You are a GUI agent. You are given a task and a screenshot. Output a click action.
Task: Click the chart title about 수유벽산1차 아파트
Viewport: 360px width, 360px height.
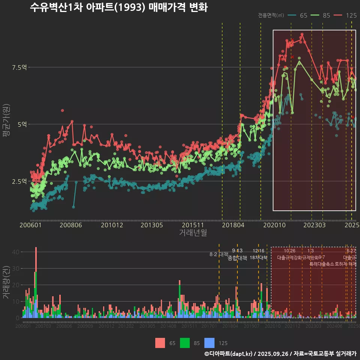pyautogui.click(x=118, y=7)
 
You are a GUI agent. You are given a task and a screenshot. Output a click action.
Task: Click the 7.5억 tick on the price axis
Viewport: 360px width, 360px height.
pyautogui.click(x=19, y=67)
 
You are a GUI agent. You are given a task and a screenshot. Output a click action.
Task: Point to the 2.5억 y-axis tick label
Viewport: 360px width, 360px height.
pyautogui.click(x=19, y=181)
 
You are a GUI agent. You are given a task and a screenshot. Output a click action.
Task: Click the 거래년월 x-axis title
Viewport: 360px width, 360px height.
pyautogui.click(x=193, y=233)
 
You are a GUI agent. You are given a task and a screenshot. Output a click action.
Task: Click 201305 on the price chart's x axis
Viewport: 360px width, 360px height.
pyautogui.click(x=151, y=225)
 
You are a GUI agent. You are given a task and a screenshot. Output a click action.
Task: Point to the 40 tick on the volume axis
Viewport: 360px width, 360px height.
pyautogui.click(x=16, y=252)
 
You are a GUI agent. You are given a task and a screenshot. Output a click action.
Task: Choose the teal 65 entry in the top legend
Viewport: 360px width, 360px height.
pyautogui.click(x=298, y=15)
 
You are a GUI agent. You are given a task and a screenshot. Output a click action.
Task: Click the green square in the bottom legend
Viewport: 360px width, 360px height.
pyautogui.click(x=185, y=343)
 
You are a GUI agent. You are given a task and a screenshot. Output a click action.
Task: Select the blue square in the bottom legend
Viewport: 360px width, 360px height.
pyautogui.click(x=210, y=343)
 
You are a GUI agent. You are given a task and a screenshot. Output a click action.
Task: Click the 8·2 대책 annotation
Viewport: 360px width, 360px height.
pyautogui.click(x=219, y=254)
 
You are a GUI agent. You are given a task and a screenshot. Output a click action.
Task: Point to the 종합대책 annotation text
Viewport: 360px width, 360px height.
pyautogui.click(x=237, y=258)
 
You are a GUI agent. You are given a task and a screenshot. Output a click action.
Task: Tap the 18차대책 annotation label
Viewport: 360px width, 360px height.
pyautogui.click(x=258, y=258)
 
